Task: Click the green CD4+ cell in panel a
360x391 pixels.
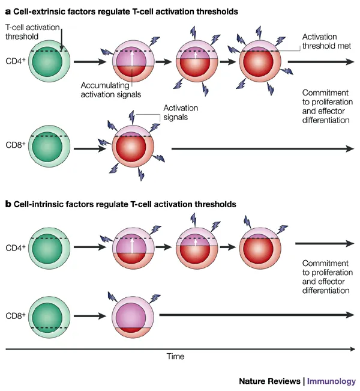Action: [50, 61]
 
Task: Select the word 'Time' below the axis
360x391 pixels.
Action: [175, 356]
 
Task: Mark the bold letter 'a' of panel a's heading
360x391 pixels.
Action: [8, 11]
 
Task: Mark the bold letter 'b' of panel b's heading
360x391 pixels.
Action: [8, 204]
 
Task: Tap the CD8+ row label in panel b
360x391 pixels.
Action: [16, 314]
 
